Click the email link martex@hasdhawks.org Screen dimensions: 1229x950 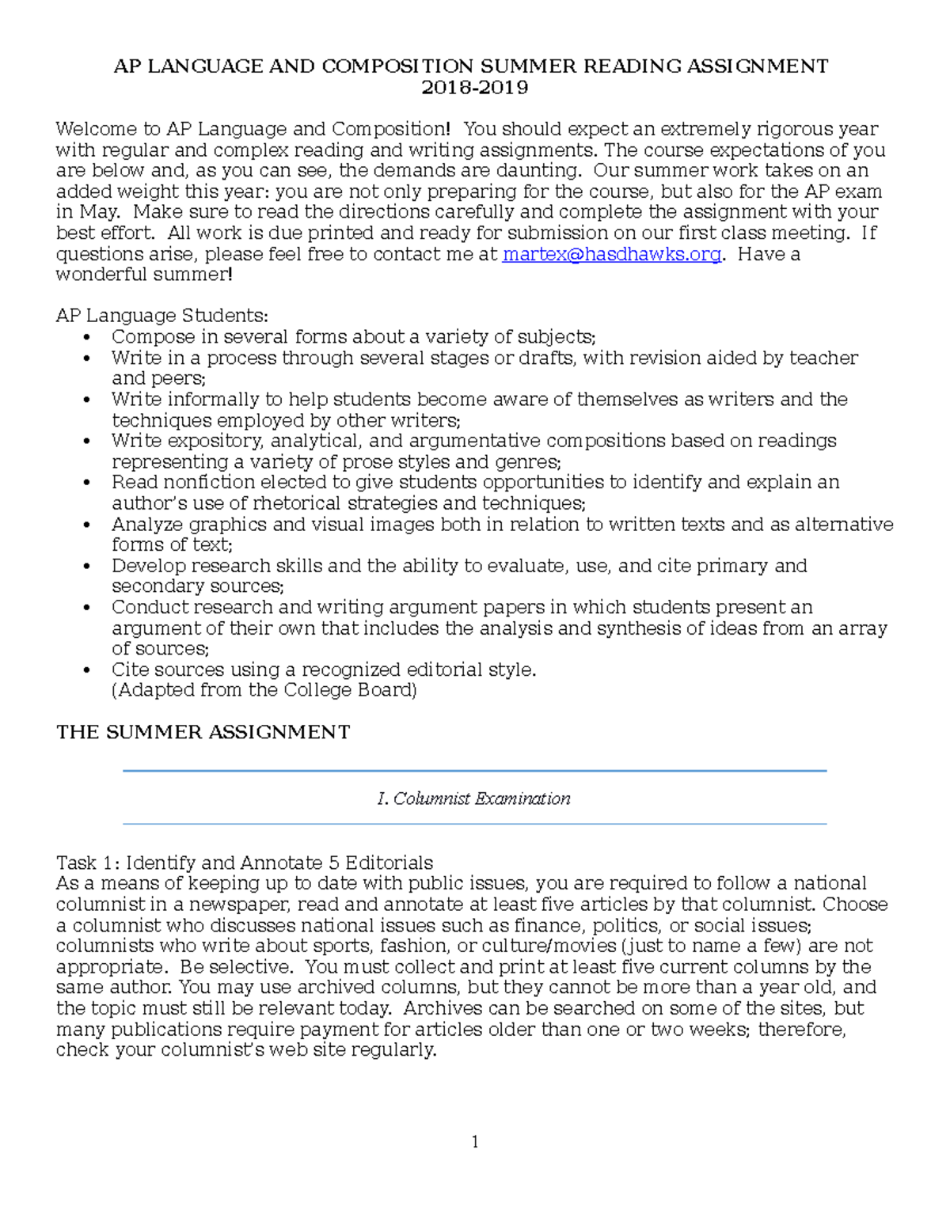611,254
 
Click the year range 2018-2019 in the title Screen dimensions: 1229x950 474,87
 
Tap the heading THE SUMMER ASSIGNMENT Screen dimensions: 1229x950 203,732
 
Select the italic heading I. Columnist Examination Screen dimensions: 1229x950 474,798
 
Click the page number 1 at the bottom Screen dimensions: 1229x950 474,1141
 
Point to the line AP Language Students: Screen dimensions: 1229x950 161,316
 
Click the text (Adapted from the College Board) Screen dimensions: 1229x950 264,690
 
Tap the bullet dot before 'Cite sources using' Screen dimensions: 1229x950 87,670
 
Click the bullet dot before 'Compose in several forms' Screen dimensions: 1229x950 87,337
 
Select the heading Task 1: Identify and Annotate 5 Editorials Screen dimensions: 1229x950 245,863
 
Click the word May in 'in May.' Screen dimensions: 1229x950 99,212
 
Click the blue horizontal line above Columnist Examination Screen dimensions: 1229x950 474,771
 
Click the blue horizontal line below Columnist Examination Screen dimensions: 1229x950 474,824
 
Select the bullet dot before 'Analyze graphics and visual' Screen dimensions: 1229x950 87,525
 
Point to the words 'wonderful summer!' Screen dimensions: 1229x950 144,275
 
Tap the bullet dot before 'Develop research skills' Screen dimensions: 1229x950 87,567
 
